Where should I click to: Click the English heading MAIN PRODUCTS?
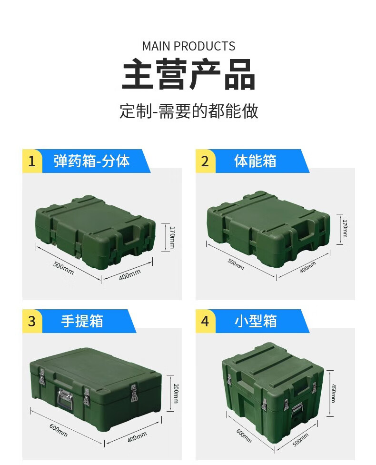coord(188,46)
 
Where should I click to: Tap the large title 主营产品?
coord(188,74)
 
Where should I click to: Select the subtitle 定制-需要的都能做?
coord(189,111)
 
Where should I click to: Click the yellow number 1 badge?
coord(32,161)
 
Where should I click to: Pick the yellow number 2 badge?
coord(205,161)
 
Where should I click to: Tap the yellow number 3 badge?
coord(32,321)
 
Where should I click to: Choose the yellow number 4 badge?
coord(205,321)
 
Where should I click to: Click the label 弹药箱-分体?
coord(91,161)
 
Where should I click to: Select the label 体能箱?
coord(255,161)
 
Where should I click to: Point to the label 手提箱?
coord(82,321)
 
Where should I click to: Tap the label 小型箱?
coord(256,321)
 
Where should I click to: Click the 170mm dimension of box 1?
coord(172,237)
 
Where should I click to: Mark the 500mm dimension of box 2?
coord(236,264)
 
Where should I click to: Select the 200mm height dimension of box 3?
coord(176,393)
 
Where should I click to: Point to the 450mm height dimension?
coord(333,393)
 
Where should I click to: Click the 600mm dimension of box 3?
coord(59,430)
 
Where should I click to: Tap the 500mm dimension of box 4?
coord(300,439)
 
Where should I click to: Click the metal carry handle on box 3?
coord(66,399)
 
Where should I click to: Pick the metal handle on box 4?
coord(297,410)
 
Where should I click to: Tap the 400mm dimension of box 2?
coord(308,267)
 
